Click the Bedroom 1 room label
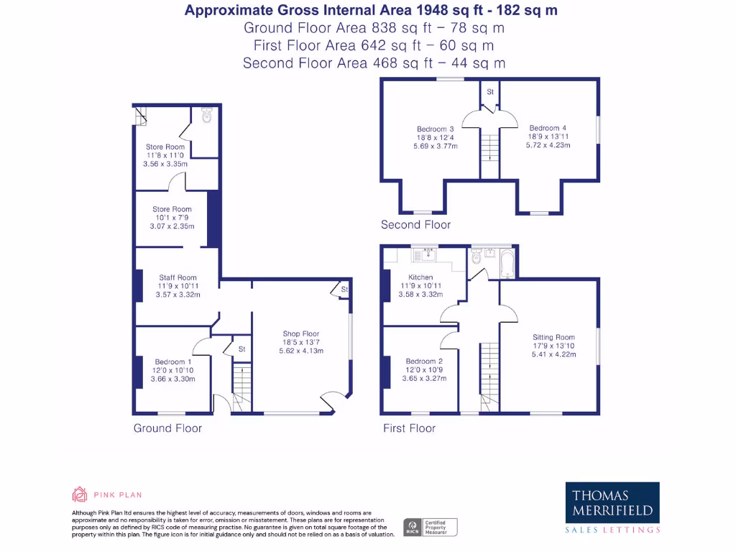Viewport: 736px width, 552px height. [172, 362]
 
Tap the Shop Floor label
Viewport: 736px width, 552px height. [301, 333]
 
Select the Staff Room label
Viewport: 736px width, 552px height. [178, 277]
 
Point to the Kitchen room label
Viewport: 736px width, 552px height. [420, 277]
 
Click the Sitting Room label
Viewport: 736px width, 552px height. [553, 337]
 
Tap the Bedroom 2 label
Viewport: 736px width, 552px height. [423, 362]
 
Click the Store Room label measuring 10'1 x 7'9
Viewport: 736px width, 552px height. [172, 209]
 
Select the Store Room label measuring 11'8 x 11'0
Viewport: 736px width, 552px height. [165, 147]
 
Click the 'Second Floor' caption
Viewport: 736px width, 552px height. [415, 225]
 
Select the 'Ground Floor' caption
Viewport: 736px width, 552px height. [167, 428]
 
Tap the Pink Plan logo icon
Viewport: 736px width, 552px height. [80, 494]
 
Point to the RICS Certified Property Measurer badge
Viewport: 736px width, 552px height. [430, 527]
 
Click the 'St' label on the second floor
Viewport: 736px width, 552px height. [490, 92]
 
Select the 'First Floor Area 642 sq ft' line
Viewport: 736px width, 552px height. [374, 45]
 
